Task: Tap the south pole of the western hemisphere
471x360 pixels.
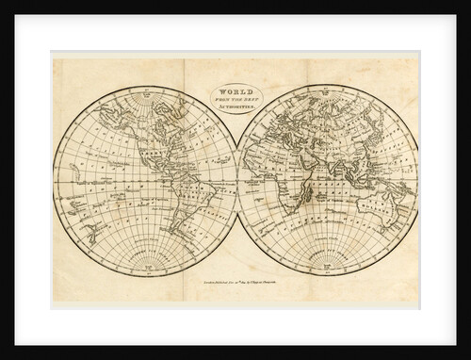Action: point(145,260)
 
